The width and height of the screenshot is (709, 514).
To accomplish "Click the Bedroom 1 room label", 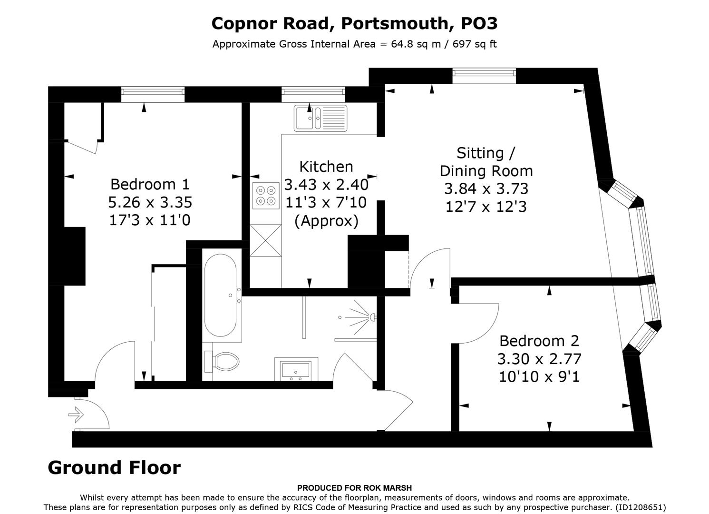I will coord(150,184).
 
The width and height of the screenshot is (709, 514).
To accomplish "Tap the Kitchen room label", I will coord(326,167).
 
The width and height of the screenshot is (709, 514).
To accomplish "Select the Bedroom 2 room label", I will coord(539,341).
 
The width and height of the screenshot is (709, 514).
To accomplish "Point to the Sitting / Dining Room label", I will coord(486,162).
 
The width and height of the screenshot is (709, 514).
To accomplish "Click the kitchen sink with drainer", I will coord(321,118).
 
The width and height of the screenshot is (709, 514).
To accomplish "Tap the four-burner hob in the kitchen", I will coord(266,196).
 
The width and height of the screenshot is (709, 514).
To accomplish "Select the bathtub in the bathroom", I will coord(220,295).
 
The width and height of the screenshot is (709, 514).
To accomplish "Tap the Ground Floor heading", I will coord(114,468).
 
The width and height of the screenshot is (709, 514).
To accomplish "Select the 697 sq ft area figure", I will coord(475,44).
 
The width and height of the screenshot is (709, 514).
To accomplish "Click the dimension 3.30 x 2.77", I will coord(539,359).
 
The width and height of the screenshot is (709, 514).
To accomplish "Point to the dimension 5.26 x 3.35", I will coord(150,202).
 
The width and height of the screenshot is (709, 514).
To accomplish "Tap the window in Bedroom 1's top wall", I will coord(153,94).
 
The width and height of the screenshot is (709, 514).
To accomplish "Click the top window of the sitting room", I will coord(484,76).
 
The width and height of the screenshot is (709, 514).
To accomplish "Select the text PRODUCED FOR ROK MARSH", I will coord(354,488).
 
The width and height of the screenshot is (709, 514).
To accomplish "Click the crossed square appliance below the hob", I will coord(265,240).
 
